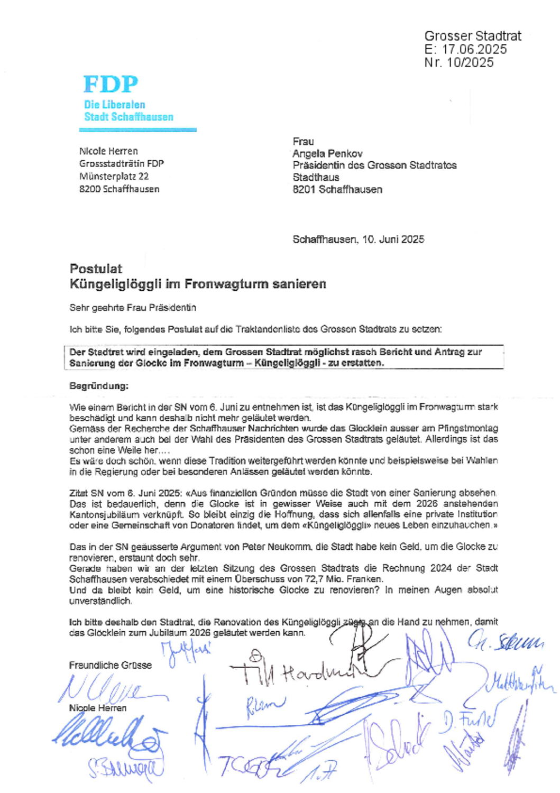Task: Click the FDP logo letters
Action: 111,84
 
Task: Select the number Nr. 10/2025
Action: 459,62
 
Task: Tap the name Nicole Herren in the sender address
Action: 108,151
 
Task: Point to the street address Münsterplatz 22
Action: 114,176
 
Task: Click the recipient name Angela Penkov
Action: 327,153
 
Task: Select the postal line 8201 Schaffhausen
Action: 337,189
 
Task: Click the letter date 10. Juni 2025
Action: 393,239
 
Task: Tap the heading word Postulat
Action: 96,269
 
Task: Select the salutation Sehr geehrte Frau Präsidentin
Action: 133,307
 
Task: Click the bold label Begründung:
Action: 99,386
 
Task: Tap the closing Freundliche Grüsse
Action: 110,665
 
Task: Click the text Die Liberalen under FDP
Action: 114,105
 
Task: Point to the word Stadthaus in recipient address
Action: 316,177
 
